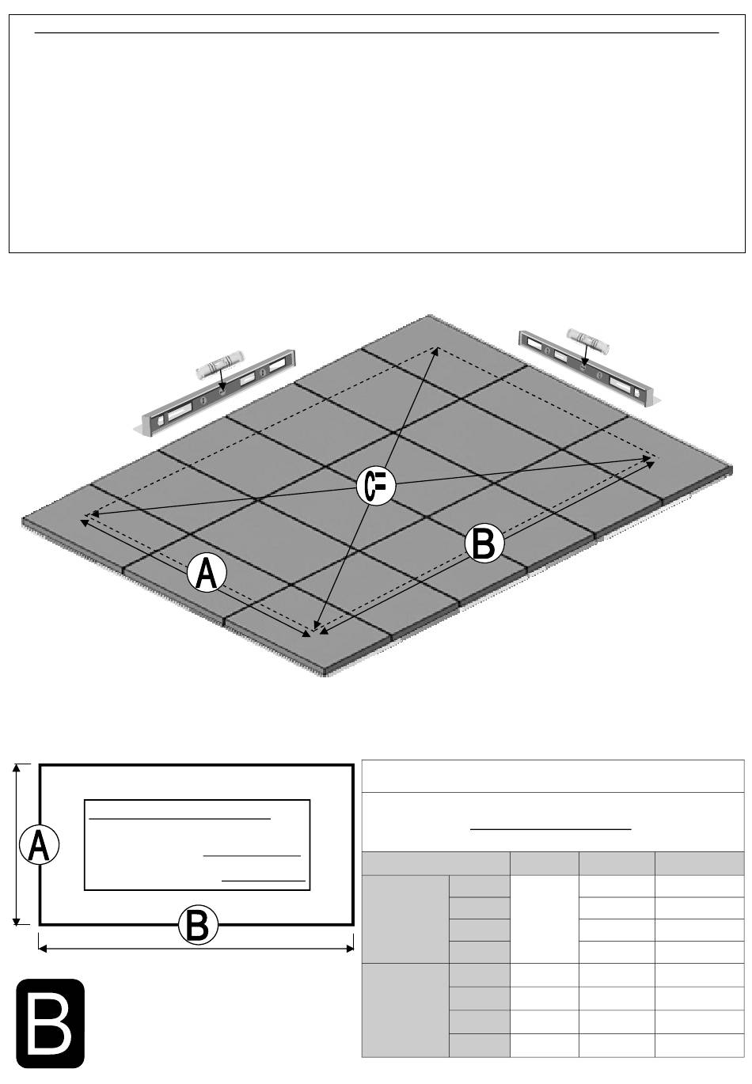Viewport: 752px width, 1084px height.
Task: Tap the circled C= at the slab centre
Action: (x=375, y=486)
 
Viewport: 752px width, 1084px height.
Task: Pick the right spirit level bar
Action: (x=585, y=367)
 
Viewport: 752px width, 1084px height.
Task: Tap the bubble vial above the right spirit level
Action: (x=585, y=339)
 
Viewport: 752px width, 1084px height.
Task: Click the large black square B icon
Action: (x=51, y=1024)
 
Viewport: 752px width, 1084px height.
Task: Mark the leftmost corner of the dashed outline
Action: (x=84, y=517)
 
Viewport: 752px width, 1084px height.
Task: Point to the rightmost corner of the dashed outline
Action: (x=656, y=457)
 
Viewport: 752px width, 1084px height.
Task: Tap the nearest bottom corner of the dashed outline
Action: (x=314, y=633)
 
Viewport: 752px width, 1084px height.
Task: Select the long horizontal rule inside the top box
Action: (x=377, y=33)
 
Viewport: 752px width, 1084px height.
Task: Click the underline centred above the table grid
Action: (x=551, y=829)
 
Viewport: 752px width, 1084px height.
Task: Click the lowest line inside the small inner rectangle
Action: (x=263, y=880)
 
